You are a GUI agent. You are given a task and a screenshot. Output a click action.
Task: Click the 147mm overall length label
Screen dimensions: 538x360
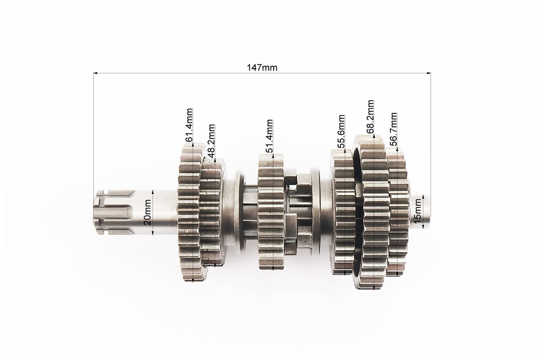[x=262, y=67]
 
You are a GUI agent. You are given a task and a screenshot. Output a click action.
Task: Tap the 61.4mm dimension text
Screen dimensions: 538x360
[x=189, y=125]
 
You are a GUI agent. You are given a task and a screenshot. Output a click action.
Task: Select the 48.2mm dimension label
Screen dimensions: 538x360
[x=211, y=140]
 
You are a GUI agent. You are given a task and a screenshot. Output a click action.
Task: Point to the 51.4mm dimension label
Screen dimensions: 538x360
[x=269, y=136]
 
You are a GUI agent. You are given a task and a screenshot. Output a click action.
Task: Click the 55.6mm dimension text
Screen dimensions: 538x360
[x=341, y=131]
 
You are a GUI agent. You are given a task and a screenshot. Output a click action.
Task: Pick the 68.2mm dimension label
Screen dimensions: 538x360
[x=370, y=117]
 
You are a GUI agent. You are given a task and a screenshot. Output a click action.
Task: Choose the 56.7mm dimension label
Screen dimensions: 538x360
[x=393, y=129]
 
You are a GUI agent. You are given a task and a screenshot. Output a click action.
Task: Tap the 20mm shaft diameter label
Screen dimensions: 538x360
[x=147, y=212]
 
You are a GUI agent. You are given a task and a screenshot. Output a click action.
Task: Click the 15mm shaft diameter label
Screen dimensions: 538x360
[x=417, y=211]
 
